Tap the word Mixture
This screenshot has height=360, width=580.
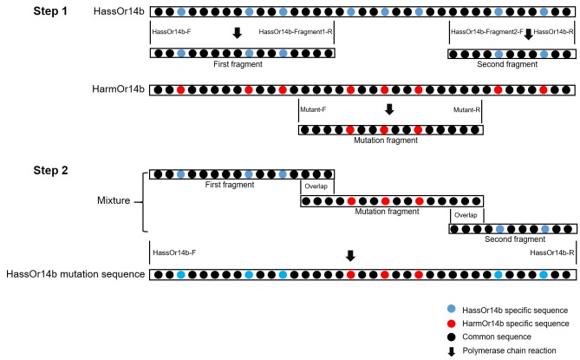[x=114, y=200]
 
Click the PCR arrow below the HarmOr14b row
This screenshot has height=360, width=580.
[x=389, y=110]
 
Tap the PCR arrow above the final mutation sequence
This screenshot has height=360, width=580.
[x=350, y=256]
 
